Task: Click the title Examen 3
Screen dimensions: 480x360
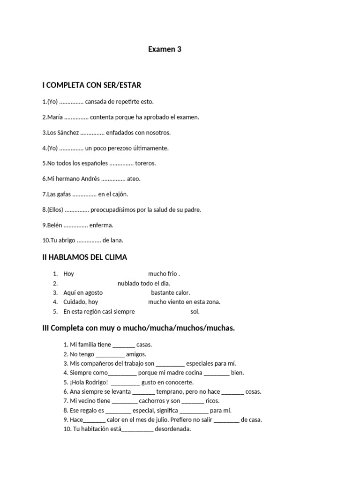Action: (165, 49)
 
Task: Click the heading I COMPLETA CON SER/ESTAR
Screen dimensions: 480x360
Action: (91, 85)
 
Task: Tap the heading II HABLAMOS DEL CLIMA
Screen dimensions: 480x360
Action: (84, 257)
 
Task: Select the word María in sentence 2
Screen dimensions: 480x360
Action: (55, 117)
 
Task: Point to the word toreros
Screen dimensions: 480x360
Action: (145, 164)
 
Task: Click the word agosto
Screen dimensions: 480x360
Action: (93, 292)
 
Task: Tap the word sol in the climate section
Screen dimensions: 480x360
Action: (195, 311)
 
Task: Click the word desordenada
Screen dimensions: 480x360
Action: (173, 429)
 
